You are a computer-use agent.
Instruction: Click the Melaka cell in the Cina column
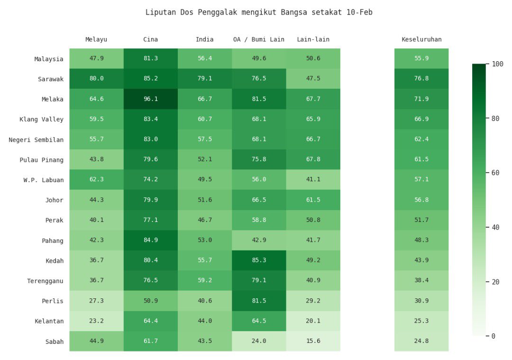pyautogui.click(x=151, y=99)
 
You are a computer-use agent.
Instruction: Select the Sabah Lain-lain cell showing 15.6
pyautogui.click(x=313, y=341)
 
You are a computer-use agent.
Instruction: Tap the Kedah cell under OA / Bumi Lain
pyautogui.click(x=259, y=260)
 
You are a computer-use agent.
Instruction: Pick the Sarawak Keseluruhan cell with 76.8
pyautogui.click(x=421, y=79)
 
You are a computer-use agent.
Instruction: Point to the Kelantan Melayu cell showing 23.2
pyautogui.click(x=96, y=321)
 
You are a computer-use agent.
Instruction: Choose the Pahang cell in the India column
pyautogui.click(x=205, y=240)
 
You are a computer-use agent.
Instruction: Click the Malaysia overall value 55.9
pyautogui.click(x=421, y=59)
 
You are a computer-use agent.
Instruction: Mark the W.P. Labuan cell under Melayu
pyautogui.click(x=96, y=180)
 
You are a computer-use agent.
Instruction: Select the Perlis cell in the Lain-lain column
pyautogui.click(x=313, y=301)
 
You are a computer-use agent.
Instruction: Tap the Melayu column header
pyautogui.click(x=96, y=39)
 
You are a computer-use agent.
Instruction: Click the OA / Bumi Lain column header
pyautogui.click(x=259, y=39)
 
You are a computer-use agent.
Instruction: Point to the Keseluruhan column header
pyautogui.click(x=421, y=39)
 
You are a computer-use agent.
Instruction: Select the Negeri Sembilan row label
pyautogui.click(x=36, y=139)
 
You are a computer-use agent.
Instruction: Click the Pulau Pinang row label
pyautogui.click(x=42, y=160)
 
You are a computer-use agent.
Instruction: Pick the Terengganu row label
pyautogui.click(x=45, y=281)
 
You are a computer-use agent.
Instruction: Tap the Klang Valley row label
pyautogui.click(x=42, y=120)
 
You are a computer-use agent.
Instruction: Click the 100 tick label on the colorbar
pyautogui.click(x=498, y=64)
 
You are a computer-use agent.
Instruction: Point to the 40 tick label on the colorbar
pyautogui.click(x=496, y=227)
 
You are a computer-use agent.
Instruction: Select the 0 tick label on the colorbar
pyautogui.click(x=494, y=336)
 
